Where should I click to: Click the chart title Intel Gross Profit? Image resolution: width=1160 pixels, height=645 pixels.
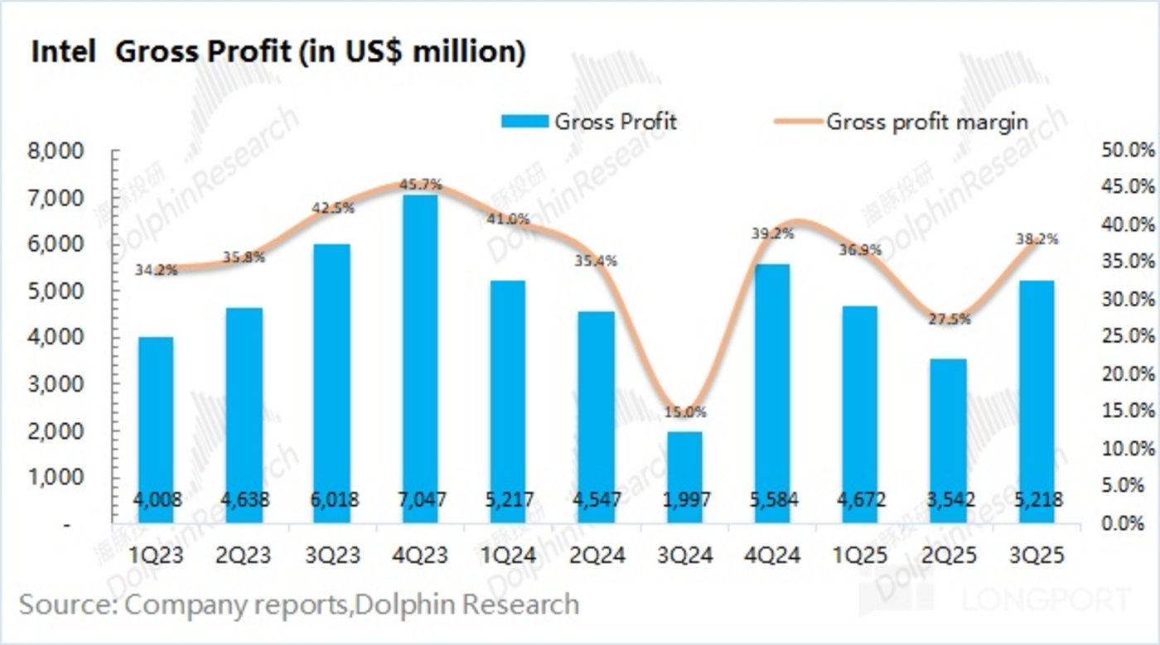click(x=278, y=51)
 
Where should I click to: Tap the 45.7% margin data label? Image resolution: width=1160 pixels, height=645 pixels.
click(x=420, y=184)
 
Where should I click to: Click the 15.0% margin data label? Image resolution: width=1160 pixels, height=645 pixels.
click(x=684, y=412)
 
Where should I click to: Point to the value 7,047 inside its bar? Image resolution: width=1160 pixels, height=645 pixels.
click(x=420, y=500)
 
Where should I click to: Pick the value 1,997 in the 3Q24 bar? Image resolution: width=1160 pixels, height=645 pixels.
click(x=684, y=500)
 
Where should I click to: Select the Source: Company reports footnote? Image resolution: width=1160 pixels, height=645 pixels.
click(x=298, y=604)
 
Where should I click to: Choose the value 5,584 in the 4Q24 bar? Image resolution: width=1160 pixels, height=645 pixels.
click(x=772, y=500)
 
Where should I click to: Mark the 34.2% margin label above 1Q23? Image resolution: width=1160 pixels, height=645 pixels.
click(x=156, y=269)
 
